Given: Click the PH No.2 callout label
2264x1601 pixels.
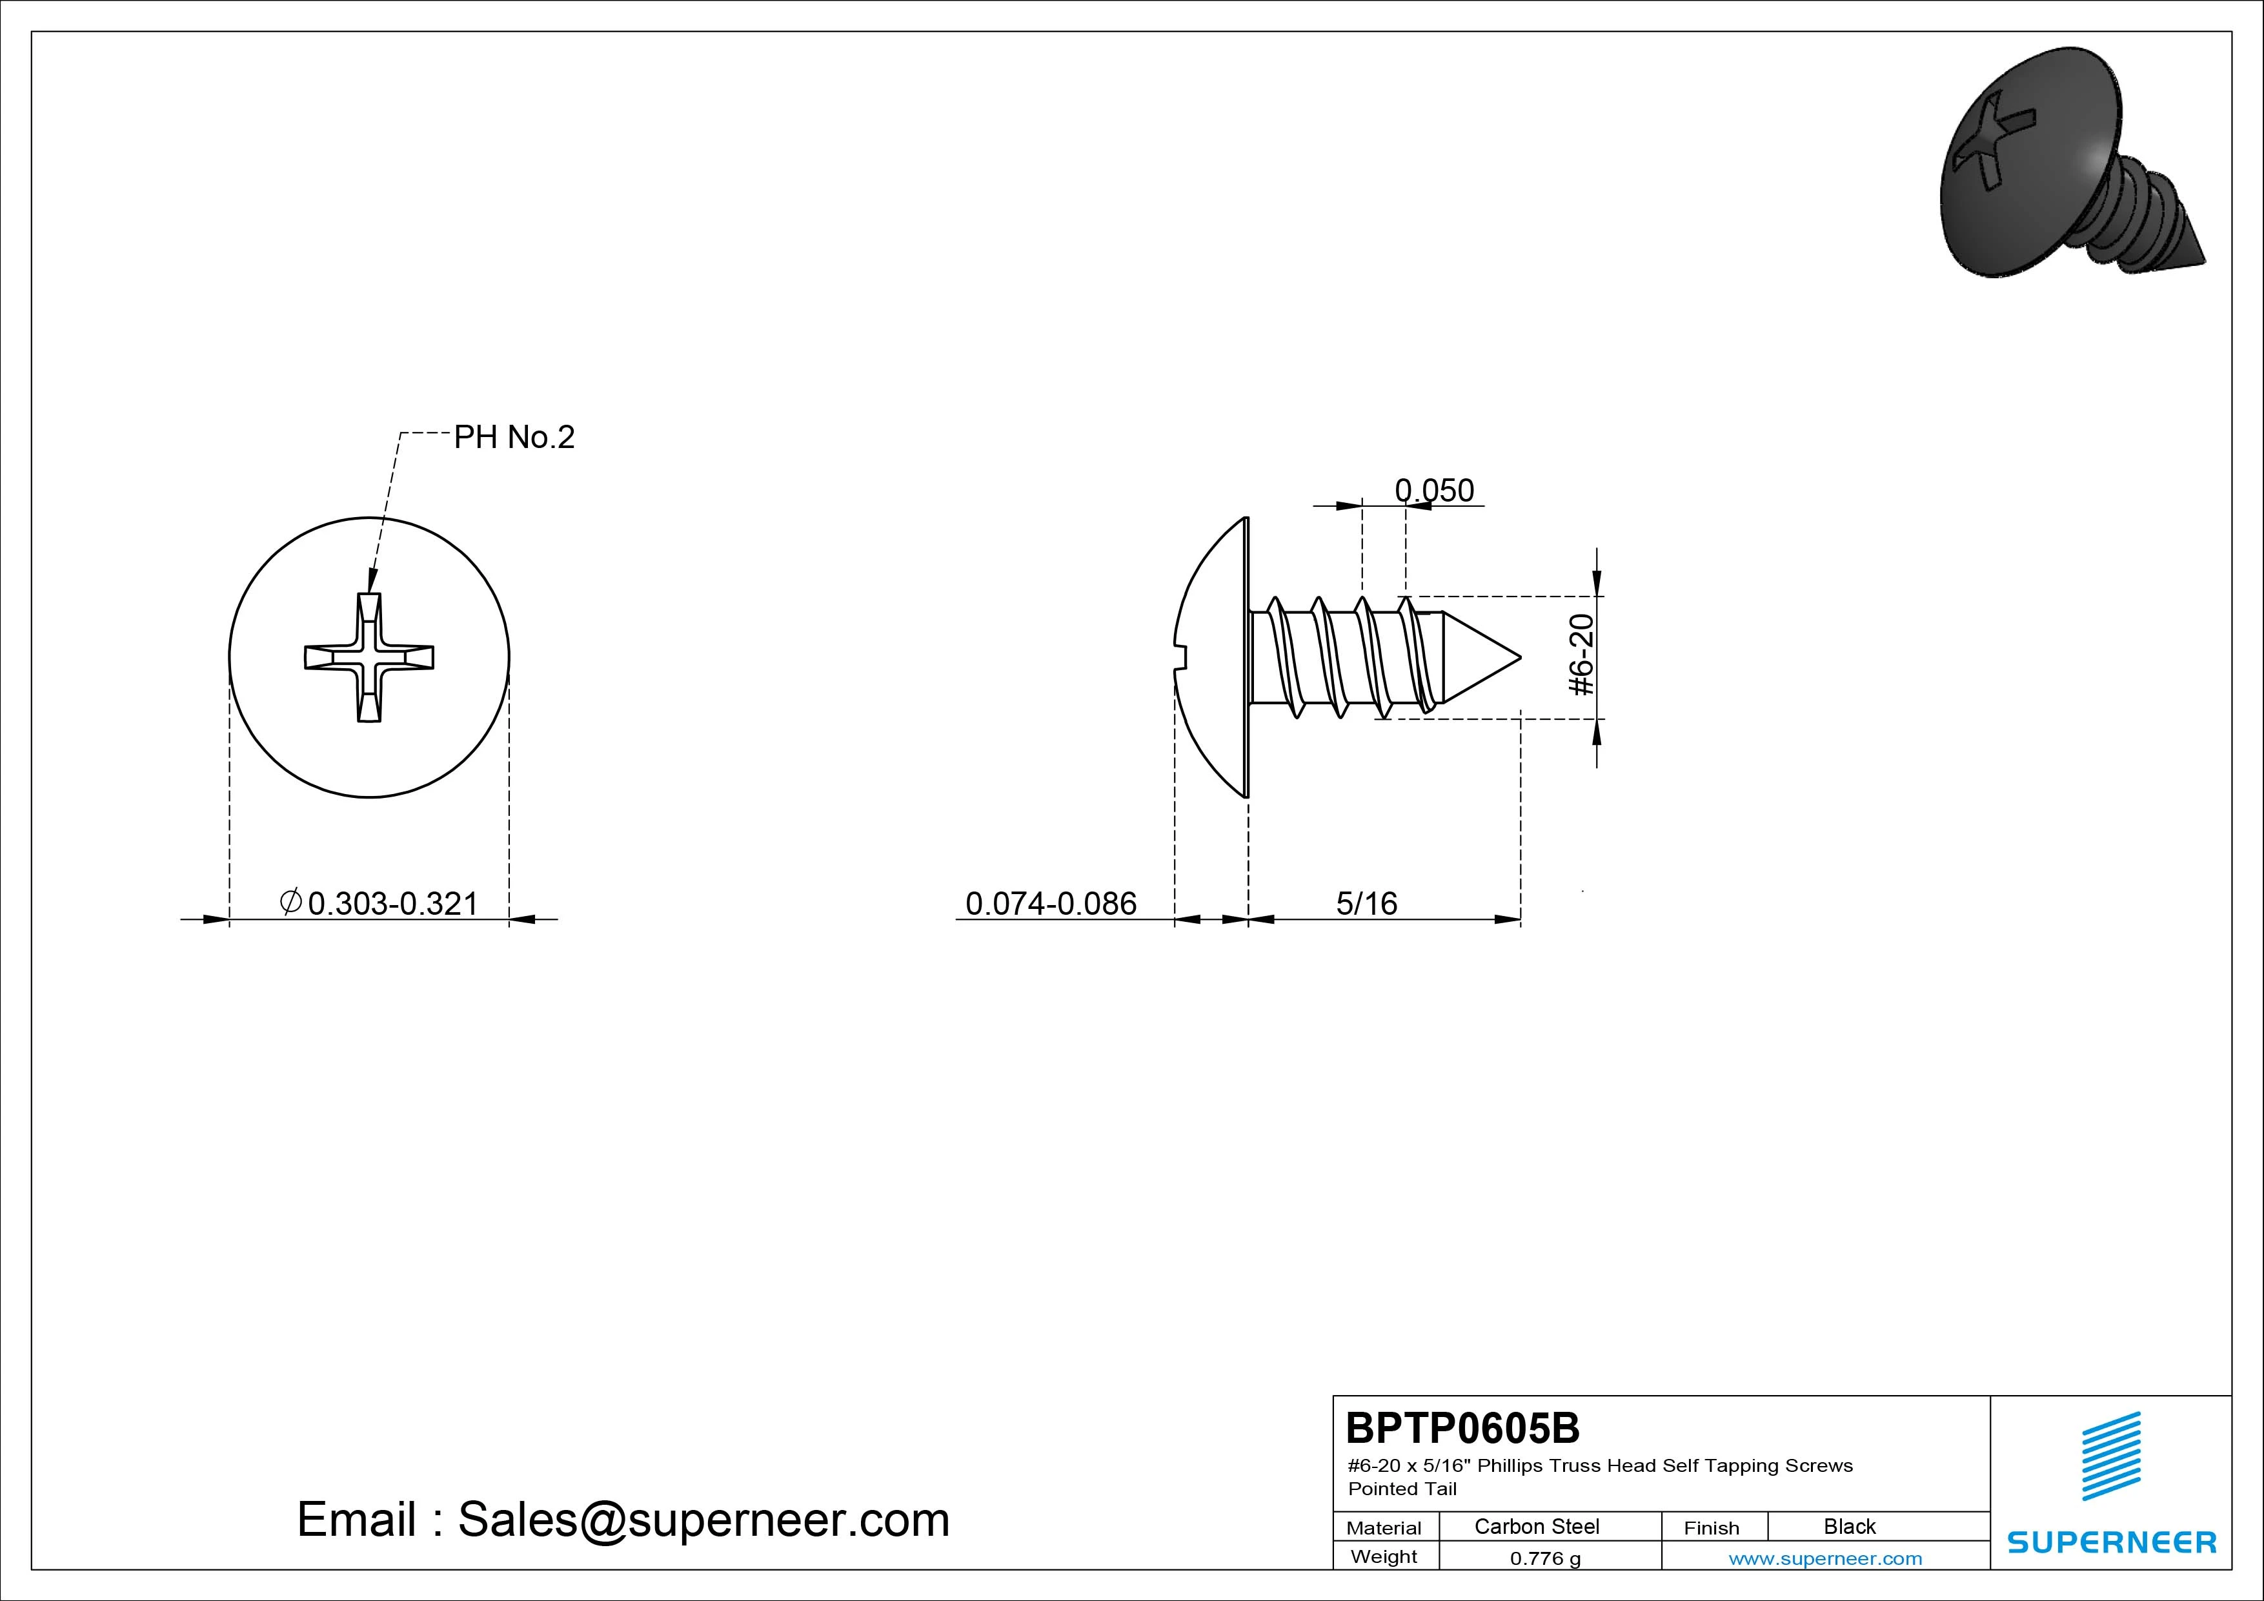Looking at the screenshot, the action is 514,437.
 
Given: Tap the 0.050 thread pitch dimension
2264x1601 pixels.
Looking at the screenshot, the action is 1434,490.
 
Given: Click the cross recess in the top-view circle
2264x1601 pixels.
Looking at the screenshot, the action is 369,657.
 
